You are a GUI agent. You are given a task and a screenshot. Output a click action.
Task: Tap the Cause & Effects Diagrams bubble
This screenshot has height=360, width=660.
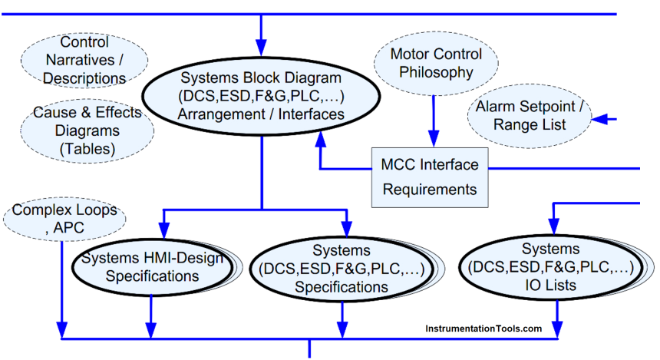pos(87,130)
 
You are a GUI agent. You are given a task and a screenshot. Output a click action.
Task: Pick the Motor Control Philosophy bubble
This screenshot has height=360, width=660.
pos(436,64)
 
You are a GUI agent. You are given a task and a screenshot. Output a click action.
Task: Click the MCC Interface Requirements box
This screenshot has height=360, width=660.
pos(429,177)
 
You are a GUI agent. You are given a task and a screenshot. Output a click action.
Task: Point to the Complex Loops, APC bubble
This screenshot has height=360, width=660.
pos(64,218)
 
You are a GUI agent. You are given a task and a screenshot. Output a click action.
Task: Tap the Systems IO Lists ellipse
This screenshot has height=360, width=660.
pos(550,268)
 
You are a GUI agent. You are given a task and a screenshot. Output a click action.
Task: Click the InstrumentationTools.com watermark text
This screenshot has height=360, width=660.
pos(483,329)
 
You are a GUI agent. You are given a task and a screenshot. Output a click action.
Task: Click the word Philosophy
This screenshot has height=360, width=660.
pos(436,73)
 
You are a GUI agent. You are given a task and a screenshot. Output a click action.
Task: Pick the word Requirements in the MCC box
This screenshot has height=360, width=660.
pos(429,189)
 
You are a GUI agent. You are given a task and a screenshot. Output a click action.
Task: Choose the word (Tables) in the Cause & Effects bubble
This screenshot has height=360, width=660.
pos(87,150)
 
